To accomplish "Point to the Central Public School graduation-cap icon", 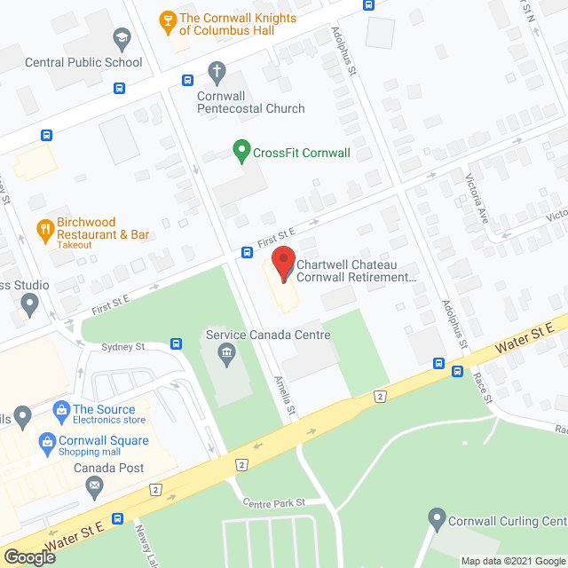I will [122, 37].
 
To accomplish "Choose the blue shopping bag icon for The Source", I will [61, 409].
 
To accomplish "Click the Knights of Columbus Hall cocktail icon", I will [166, 20].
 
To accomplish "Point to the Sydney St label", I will [122, 347].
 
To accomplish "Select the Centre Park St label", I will [274, 502].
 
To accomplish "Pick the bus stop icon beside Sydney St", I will [177, 343].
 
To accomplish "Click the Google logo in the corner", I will [28, 556].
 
